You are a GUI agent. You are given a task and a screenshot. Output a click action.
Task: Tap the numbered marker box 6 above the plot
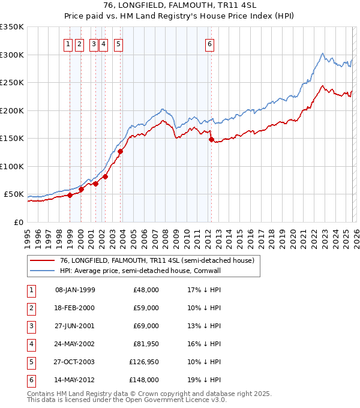[x=210, y=44]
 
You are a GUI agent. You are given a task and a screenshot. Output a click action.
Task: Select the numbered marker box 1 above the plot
[x=68, y=44]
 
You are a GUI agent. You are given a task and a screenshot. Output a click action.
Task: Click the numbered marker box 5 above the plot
[x=118, y=44]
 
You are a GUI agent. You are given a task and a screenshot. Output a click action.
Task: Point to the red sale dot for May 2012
[x=211, y=139]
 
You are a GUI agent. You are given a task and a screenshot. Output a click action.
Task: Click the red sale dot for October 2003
[x=121, y=151]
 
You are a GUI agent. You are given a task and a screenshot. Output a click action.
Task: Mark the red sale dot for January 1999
[x=70, y=195]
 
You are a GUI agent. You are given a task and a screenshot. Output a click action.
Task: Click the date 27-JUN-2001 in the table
[x=75, y=325]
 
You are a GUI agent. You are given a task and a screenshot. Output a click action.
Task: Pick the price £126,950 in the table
[x=144, y=361]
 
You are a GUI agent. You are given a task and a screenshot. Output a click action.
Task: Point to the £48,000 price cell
[x=146, y=289]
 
